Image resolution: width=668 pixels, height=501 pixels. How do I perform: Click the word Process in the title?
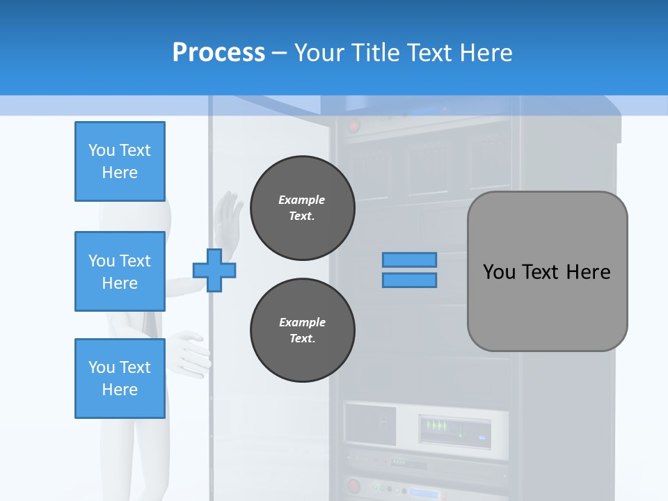coord(218,53)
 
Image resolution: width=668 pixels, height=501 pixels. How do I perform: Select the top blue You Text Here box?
coord(120,161)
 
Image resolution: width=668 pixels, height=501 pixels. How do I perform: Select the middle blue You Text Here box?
coord(120,271)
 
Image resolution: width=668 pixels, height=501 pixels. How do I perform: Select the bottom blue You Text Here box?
coord(120,379)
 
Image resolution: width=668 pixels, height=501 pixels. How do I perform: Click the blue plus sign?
coord(214,270)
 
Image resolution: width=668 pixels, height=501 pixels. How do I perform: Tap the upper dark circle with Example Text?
coord(302,208)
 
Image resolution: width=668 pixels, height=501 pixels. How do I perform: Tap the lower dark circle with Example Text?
coord(302,331)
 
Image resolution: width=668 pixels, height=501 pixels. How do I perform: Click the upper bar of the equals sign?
coord(409,260)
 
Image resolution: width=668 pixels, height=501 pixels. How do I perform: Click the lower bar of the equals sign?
coord(409,280)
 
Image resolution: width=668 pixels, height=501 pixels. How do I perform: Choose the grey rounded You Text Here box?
coord(547,271)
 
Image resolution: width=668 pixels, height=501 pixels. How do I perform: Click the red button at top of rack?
coord(354,127)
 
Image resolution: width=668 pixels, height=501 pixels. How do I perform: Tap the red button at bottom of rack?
coord(354,486)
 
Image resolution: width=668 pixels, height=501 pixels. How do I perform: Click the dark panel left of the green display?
coord(369,424)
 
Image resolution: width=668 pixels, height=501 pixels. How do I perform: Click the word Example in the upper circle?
coord(301,200)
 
